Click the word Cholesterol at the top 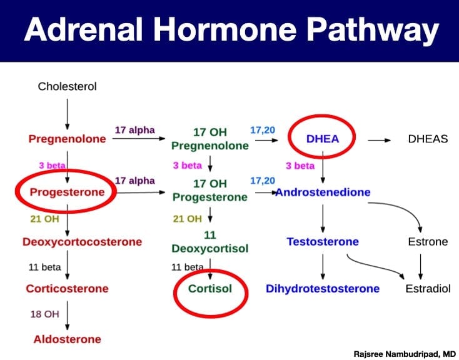67,86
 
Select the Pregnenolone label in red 67,139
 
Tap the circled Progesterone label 67,192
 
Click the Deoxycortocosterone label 83,242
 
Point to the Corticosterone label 67,289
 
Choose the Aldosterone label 67,339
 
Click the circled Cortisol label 210,289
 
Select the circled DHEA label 322,139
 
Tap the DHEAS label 428,139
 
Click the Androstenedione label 323,192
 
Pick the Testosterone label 323,242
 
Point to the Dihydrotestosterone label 323,289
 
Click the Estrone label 428,242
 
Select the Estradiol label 428,289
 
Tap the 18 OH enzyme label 45,314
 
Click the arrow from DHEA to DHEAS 379,141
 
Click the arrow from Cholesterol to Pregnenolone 68,114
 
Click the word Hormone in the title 225,30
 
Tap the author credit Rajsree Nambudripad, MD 405,354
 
